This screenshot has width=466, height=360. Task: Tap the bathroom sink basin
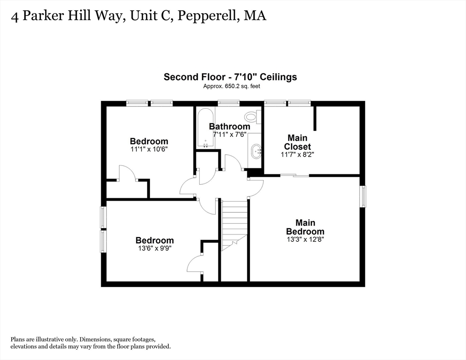click(256, 151)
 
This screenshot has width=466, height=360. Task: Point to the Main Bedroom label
click(305, 227)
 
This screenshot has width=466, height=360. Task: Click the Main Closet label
click(297, 142)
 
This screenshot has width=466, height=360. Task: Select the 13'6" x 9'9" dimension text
click(155, 249)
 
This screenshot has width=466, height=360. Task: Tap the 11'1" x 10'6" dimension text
click(149, 149)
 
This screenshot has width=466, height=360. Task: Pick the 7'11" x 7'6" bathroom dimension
click(229, 134)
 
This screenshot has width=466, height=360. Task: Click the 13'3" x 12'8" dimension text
click(305, 239)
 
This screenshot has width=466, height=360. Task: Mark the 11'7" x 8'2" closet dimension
click(297, 154)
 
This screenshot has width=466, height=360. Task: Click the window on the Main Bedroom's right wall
click(362, 196)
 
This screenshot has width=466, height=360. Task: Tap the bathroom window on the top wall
click(229, 103)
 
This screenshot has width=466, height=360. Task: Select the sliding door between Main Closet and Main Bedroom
click(295, 176)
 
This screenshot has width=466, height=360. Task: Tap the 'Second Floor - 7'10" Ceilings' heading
click(230, 77)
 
